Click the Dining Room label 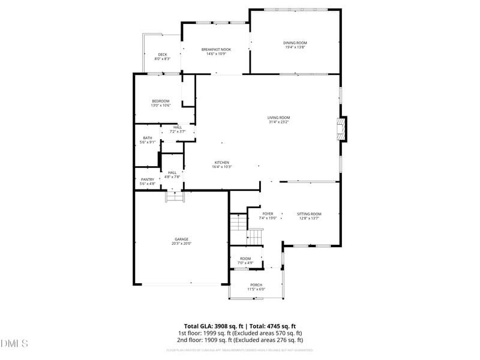(295, 43)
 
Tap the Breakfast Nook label (216, 49)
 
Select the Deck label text (163, 55)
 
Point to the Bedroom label (161, 101)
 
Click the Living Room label (279, 118)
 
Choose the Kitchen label (222, 163)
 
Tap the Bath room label (148, 138)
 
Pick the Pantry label (148, 179)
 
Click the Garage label (182, 239)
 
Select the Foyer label (268, 214)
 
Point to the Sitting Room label (310, 214)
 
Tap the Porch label (256, 284)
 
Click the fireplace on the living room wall (341, 129)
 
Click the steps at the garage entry (175, 197)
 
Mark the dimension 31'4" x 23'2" (279, 122)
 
